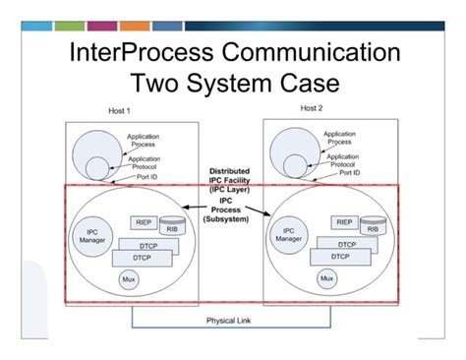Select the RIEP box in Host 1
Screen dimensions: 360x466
[x=140, y=222]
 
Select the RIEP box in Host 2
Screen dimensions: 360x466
[x=345, y=222]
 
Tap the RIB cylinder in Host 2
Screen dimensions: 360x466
[x=374, y=228]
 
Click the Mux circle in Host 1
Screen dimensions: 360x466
[x=127, y=280]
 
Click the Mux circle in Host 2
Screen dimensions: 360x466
[x=327, y=279]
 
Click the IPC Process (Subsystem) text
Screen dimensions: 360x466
[x=231, y=212]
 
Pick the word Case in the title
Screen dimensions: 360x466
[x=319, y=85]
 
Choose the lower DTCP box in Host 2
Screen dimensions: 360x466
[x=340, y=257]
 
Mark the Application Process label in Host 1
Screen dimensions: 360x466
[x=144, y=141]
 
